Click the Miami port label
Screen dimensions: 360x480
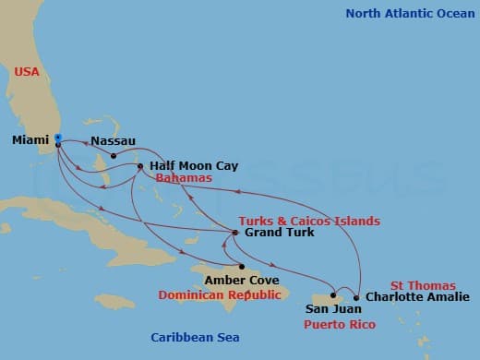coord(30,140)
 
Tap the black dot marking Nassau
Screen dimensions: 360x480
coord(114,155)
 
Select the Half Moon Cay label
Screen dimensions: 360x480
coord(194,165)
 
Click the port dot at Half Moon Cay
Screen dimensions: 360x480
coord(140,166)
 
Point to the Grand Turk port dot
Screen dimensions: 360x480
coord(235,233)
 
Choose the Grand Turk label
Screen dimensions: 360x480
coord(279,233)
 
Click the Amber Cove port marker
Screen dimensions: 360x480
coord(241,267)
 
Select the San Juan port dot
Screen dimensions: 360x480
coord(333,297)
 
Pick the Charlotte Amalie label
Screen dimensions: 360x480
coord(410,298)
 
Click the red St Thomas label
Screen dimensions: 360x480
coord(422,285)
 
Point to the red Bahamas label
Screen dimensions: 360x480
coord(184,177)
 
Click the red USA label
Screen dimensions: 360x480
coord(27,71)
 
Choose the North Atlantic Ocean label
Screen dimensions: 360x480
coord(407,13)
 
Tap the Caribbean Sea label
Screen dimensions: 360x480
coord(195,337)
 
